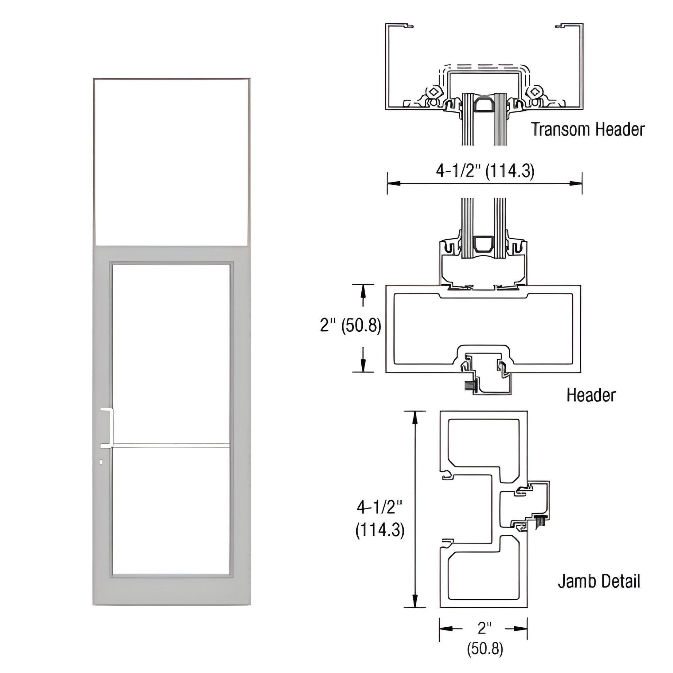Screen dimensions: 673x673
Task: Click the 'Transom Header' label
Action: click(588, 129)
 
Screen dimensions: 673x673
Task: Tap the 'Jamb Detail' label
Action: click(599, 581)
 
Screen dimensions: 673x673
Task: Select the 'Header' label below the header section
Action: click(591, 395)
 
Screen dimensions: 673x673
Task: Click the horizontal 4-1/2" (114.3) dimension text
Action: click(485, 171)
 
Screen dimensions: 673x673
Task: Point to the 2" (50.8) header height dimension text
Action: click(350, 325)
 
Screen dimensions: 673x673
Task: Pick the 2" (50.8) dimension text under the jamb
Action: click(485, 638)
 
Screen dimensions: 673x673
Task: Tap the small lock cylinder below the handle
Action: click(101, 462)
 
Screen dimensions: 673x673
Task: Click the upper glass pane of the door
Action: click(171, 353)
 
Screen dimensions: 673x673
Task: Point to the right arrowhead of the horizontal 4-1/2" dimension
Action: click(576, 183)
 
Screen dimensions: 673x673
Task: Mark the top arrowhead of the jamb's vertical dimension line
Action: click(415, 418)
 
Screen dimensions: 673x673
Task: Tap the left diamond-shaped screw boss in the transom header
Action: click(434, 92)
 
